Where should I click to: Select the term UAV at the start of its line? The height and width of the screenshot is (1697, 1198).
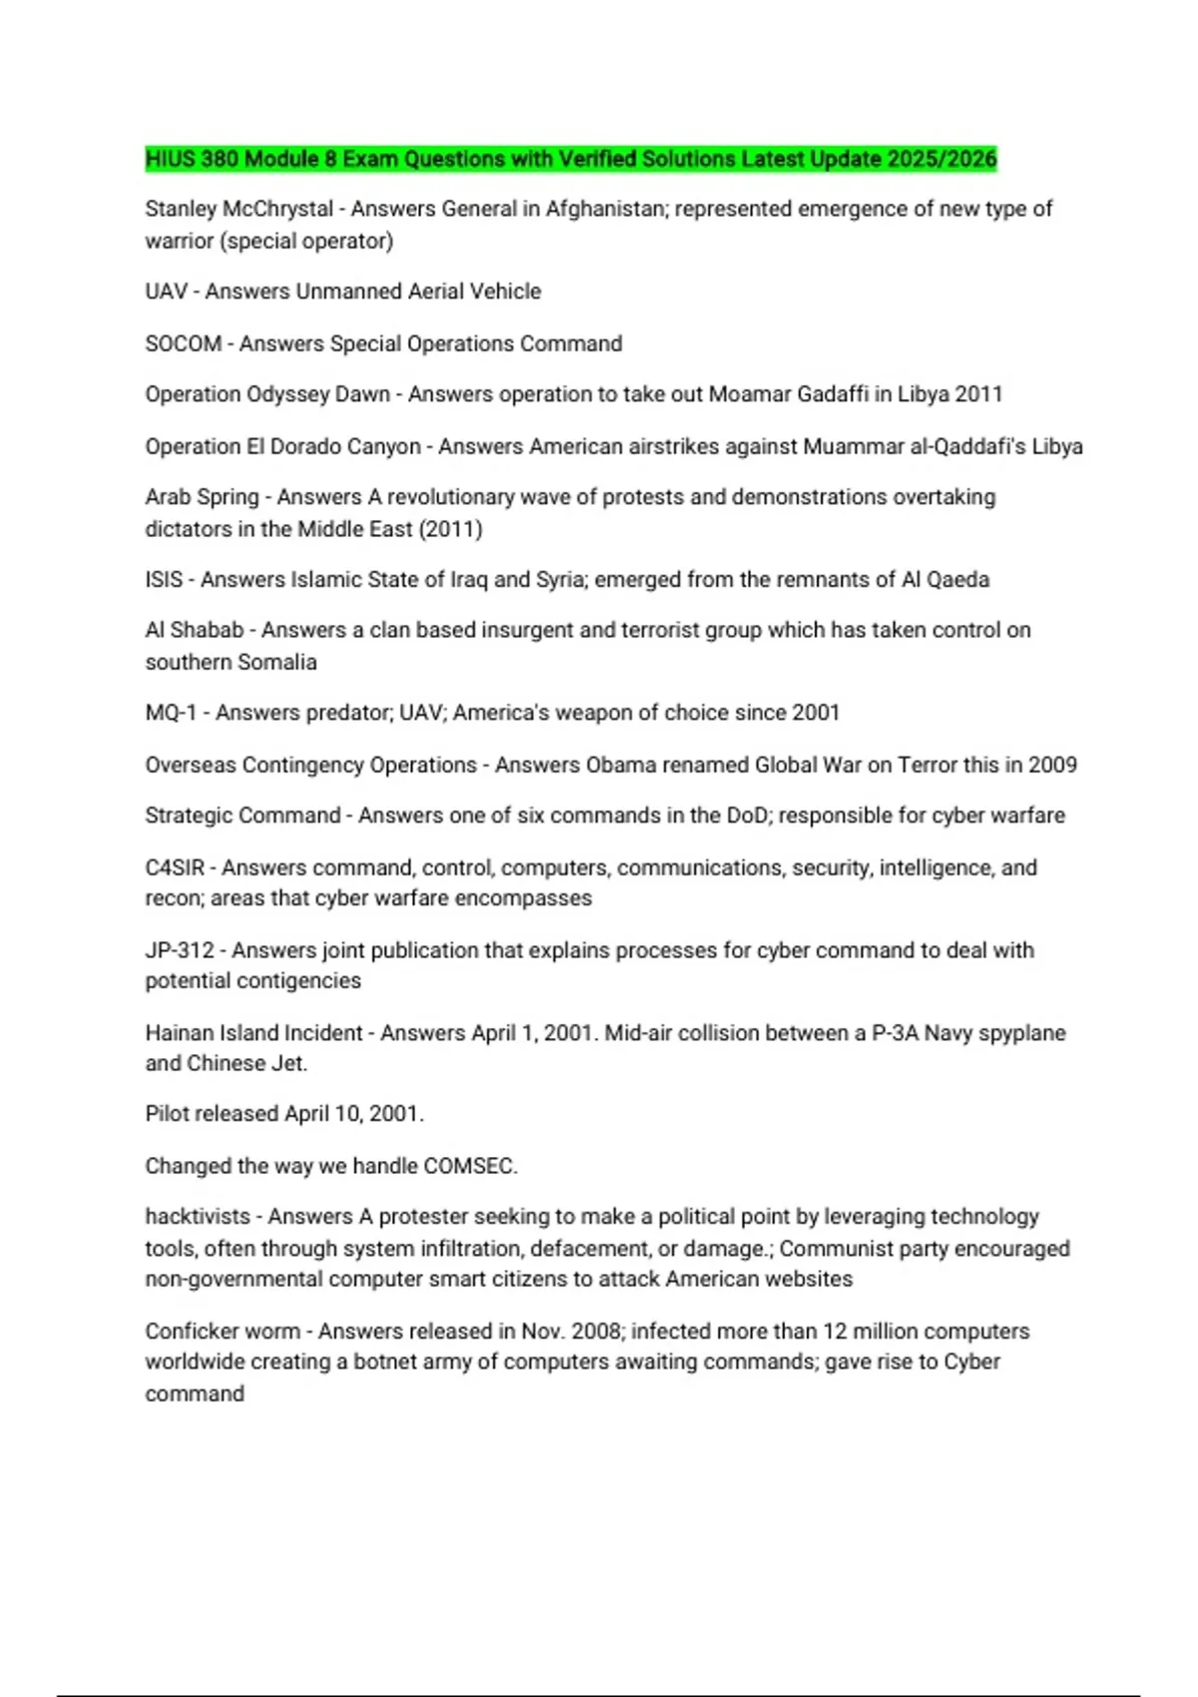[x=166, y=291]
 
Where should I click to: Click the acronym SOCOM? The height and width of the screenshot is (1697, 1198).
[x=184, y=343]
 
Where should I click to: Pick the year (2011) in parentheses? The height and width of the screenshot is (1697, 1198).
[x=450, y=529]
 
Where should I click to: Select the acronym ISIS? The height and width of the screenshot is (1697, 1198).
[x=164, y=580]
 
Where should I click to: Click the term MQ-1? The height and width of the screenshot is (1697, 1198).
[x=171, y=713]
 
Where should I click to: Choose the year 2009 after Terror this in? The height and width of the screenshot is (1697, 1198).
[x=1052, y=765]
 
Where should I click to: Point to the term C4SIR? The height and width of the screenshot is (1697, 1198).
[x=175, y=867]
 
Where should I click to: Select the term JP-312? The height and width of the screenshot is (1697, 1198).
[x=180, y=949]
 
